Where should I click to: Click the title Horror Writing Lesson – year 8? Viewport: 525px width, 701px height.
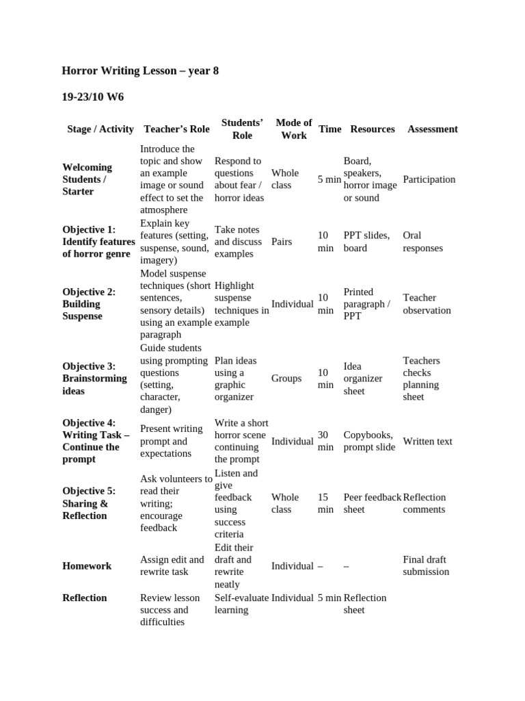[x=140, y=71]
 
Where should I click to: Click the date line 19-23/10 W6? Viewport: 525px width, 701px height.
[x=93, y=97]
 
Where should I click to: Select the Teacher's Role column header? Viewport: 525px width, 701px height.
[x=176, y=129]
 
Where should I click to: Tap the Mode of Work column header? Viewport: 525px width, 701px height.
[x=294, y=129]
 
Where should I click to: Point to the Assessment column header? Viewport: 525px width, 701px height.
[x=432, y=129]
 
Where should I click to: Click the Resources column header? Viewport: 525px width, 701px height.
[x=372, y=129]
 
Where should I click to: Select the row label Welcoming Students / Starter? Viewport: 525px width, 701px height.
[x=87, y=179]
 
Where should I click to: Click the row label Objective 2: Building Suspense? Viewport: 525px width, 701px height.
[x=89, y=304]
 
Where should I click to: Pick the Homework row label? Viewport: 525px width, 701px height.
[x=87, y=566]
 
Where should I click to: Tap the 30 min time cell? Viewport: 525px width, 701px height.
[x=326, y=441]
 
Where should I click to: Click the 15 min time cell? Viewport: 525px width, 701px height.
[x=326, y=503]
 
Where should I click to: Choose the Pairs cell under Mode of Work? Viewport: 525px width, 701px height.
[x=282, y=242]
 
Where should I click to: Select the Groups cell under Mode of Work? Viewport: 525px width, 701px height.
[x=286, y=378]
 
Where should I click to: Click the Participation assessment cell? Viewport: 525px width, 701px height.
[x=429, y=179]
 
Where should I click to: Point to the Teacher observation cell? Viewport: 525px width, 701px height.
[x=427, y=304]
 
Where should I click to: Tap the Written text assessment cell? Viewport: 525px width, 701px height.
[x=427, y=442]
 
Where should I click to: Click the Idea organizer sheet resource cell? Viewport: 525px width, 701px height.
[x=363, y=379]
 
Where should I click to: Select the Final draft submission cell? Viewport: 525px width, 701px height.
[x=426, y=565]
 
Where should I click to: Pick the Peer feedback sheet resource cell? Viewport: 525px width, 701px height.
[x=372, y=503]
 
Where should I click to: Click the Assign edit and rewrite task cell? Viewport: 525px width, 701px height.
[x=172, y=565]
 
